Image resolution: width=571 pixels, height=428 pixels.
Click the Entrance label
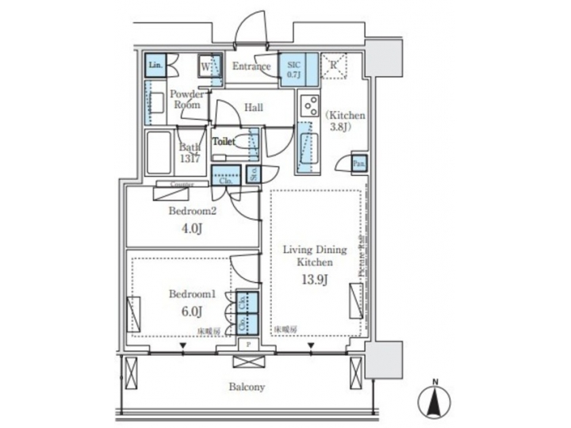coord(251,67)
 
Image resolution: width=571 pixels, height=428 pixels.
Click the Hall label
coord(254,108)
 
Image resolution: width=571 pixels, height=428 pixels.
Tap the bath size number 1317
coord(189,159)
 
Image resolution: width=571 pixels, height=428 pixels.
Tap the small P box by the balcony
coord(248,346)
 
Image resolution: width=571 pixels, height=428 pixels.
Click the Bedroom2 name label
coord(192,212)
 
